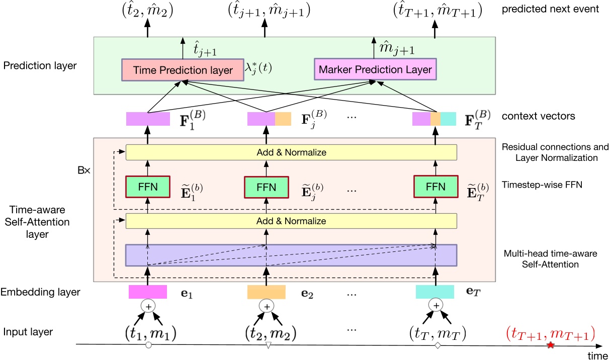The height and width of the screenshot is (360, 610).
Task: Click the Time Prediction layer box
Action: pyautogui.click(x=179, y=70)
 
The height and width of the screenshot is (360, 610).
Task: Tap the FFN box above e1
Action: pyautogui.click(x=148, y=187)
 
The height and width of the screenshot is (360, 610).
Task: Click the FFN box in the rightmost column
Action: pyautogui.click(x=435, y=187)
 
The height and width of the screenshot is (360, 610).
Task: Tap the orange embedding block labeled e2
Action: pyautogui.click(x=267, y=292)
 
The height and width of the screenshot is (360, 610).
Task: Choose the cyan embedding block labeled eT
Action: pyautogui.click(x=435, y=292)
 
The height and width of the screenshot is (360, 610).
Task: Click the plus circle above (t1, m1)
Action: pyautogui.click(x=148, y=306)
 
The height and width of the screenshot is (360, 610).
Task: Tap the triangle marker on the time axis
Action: pyautogui.click(x=268, y=345)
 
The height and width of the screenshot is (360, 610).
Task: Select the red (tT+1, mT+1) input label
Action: pyautogui.click(x=550, y=333)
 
